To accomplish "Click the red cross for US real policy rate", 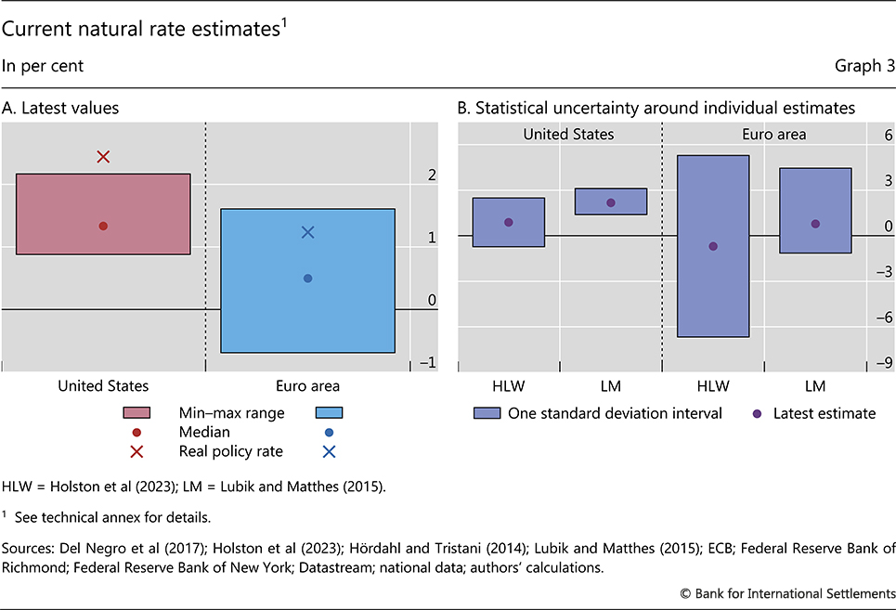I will [x=103, y=157].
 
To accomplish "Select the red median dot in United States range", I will [x=103, y=226].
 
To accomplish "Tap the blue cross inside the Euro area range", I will [x=308, y=232].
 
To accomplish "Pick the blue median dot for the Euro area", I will [x=308, y=279].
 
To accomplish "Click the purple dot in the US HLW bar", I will [x=509, y=222].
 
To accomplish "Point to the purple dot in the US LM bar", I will [x=611, y=202].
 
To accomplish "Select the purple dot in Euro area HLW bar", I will [x=713, y=246].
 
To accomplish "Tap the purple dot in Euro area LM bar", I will [x=815, y=224].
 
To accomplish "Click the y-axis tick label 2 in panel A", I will [x=431, y=175].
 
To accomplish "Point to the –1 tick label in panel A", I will [x=428, y=362].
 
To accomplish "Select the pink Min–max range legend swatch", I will [x=136, y=413].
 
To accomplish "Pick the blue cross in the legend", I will [x=330, y=452].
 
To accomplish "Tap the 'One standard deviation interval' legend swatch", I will [x=486, y=413].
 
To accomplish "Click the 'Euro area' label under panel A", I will [x=308, y=385].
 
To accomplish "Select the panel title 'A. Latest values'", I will [x=60, y=109].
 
